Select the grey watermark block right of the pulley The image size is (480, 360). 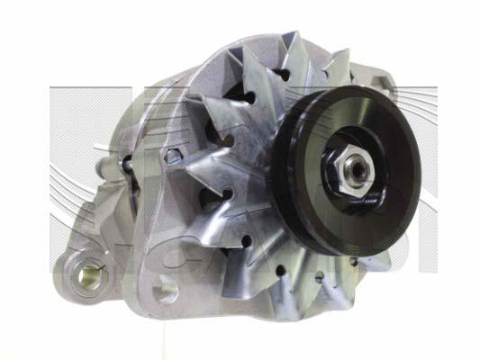(446, 126)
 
